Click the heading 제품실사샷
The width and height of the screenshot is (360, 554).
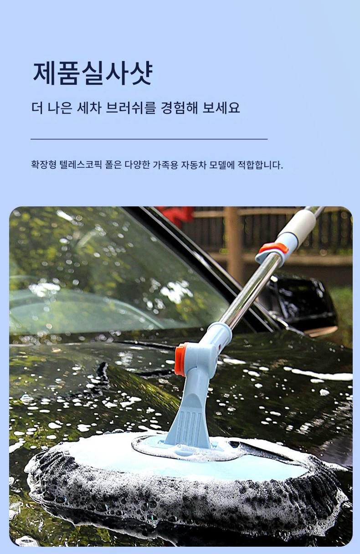click(x=93, y=73)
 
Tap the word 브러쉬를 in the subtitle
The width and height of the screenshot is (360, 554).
click(x=131, y=108)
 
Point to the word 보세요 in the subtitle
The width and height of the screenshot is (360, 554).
click(x=221, y=108)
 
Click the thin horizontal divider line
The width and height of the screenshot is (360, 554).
click(x=149, y=139)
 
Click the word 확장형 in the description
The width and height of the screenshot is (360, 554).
click(x=44, y=165)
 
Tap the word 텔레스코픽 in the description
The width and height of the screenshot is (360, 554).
click(x=81, y=165)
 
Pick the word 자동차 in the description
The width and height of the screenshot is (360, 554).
click(x=194, y=165)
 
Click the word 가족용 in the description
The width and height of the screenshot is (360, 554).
click(x=165, y=165)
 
